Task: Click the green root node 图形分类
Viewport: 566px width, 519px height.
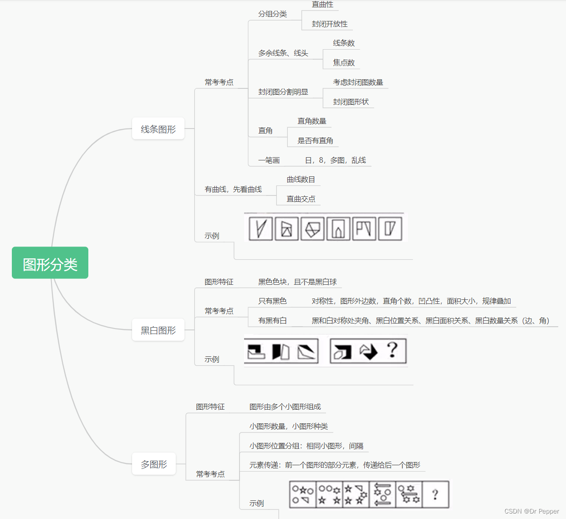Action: tap(50, 263)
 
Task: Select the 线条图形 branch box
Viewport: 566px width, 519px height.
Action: tap(158, 129)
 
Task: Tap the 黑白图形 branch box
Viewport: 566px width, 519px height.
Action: tap(158, 330)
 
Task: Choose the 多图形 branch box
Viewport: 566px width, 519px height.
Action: tap(154, 464)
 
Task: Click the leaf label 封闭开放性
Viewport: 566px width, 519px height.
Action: tap(330, 24)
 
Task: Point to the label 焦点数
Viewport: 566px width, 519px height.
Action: tap(344, 62)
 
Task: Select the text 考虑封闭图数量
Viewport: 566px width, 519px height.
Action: tap(358, 82)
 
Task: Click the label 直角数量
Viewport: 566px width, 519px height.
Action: tap(312, 121)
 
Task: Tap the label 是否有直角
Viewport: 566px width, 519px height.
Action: tap(315, 140)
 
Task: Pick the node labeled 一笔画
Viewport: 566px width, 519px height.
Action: tap(269, 160)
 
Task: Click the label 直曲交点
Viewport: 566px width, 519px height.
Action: tap(301, 199)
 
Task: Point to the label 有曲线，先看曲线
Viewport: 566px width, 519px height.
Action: tap(233, 189)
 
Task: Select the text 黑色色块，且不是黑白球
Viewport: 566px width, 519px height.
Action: tap(297, 282)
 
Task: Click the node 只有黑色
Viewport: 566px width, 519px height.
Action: tap(272, 301)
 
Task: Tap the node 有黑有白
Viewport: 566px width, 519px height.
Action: tap(272, 320)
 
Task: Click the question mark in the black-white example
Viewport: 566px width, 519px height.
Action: tap(392, 350)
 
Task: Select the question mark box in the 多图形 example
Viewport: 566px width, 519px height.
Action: tap(435, 494)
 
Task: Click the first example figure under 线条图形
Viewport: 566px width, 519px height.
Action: tap(261, 228)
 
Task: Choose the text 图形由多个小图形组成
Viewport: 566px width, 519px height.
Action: tap(285, 406)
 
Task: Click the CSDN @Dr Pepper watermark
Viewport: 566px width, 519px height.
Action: tap(531, 511)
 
